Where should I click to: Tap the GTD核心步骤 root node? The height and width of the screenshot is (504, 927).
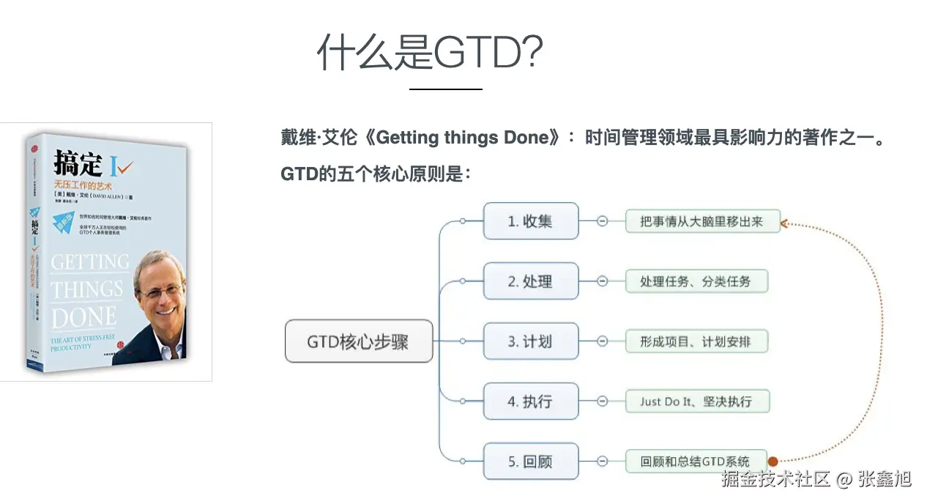[x=358, y=341]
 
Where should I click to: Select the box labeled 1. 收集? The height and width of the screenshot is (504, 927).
[x=531, y=221]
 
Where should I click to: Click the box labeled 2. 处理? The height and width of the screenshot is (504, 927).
[x=531, y=281]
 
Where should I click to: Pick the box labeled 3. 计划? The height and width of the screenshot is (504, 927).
[x=531, y=341]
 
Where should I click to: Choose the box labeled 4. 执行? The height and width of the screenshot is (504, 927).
[x=531, y=401]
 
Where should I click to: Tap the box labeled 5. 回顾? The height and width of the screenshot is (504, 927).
[x=531, y=462]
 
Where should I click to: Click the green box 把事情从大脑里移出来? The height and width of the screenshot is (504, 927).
[x=702, y=221]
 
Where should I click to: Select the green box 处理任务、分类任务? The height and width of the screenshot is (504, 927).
[x=696, y=281]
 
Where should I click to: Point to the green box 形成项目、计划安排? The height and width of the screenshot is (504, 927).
[x=696, y=341]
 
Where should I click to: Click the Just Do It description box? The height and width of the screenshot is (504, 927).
[x=696, y=401]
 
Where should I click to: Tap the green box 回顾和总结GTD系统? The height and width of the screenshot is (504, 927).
[x=696, y=462]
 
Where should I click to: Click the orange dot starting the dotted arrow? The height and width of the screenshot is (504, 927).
[x=772, y=462]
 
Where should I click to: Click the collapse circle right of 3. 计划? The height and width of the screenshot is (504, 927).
[x=602, y=341]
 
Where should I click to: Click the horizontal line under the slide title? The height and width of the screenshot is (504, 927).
[x=445, y=89]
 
